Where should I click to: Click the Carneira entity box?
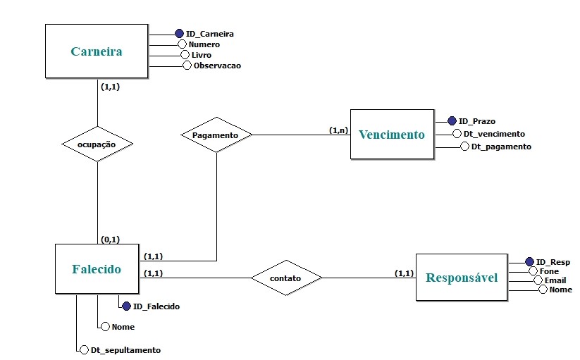[x=96, y=51]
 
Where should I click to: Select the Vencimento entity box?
[x=392, y=135]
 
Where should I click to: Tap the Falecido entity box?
[x=97, y=269]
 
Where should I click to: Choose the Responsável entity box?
[x=461, y=278]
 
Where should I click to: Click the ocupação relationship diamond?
[x=97, y=144]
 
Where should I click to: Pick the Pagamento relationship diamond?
[x=216, y=134]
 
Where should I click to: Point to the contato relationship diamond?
[x=285, y=278]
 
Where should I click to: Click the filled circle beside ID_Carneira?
[x=179, y=33]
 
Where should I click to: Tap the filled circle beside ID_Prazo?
[x=452, y=121]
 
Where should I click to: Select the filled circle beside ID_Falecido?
[x=126, y=306]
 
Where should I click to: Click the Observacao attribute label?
[x=217, y=66]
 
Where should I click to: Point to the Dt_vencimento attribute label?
[x=493, y=134]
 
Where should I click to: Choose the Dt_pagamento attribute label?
[x=501, y=147]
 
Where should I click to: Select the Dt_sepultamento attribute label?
[x=125, y=349]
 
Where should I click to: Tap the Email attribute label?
[x=555, y=280]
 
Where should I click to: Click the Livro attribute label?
[x=202, y=54]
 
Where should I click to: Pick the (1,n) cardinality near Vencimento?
[x=339, y=130]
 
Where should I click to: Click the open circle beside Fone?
[x=533, y=271]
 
